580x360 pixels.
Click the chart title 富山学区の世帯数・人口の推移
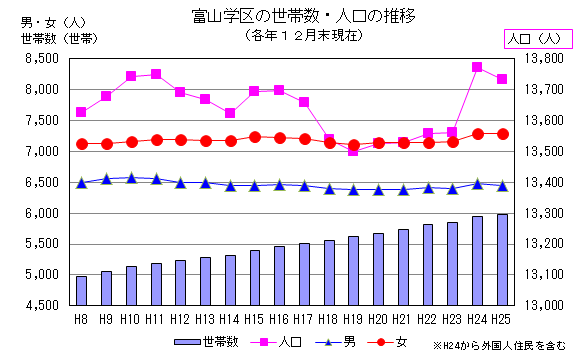(x=290, y=16)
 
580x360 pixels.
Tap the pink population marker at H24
(x=478, y=67)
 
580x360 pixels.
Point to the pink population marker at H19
(x=353, y=151)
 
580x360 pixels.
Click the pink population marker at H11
(x=156, y=74)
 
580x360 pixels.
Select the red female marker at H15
(x=255, y=137)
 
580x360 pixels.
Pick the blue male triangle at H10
(x=131, y=178)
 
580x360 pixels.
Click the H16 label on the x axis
(x=279, y=318)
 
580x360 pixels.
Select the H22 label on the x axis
(x=427, y=318)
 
